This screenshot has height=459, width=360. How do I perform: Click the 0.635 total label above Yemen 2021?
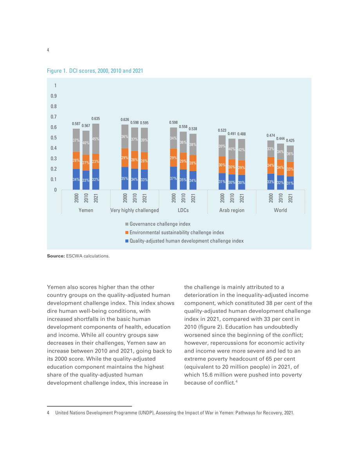(x=95, y=119)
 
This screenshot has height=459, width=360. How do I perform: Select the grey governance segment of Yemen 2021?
(x=96, y=139)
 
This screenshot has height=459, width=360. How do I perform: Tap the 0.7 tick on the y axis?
(x=54, y=117)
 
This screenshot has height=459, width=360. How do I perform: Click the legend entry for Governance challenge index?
(x=158, y=224)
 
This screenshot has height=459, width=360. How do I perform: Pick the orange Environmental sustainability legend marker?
(x=127, y=232)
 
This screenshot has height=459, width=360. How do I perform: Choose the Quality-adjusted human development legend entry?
(x=184, y=241)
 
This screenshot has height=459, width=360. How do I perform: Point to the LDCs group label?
(x=183, y=210)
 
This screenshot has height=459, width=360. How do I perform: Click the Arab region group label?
(x=232, y=210)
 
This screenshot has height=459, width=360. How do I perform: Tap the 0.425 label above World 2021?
(x=290, y=140)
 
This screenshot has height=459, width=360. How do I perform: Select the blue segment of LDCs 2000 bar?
(x=174, y=178)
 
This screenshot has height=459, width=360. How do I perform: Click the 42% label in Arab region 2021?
(x=241, y=149)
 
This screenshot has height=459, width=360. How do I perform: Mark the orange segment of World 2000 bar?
(x=271, y=166)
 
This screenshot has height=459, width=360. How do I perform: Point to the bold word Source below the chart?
(x=56, y=256)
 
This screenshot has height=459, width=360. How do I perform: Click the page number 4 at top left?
(x=48, y=50)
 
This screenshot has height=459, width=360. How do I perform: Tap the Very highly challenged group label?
(x=135, y=210)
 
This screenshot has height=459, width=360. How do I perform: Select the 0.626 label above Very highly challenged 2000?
(x=125, y=119)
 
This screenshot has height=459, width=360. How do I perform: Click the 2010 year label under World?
(x=281, y=198)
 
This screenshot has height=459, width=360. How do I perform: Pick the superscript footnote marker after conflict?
(x=236, y=382)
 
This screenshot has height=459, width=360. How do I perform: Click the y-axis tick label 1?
(x=55, y=85)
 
